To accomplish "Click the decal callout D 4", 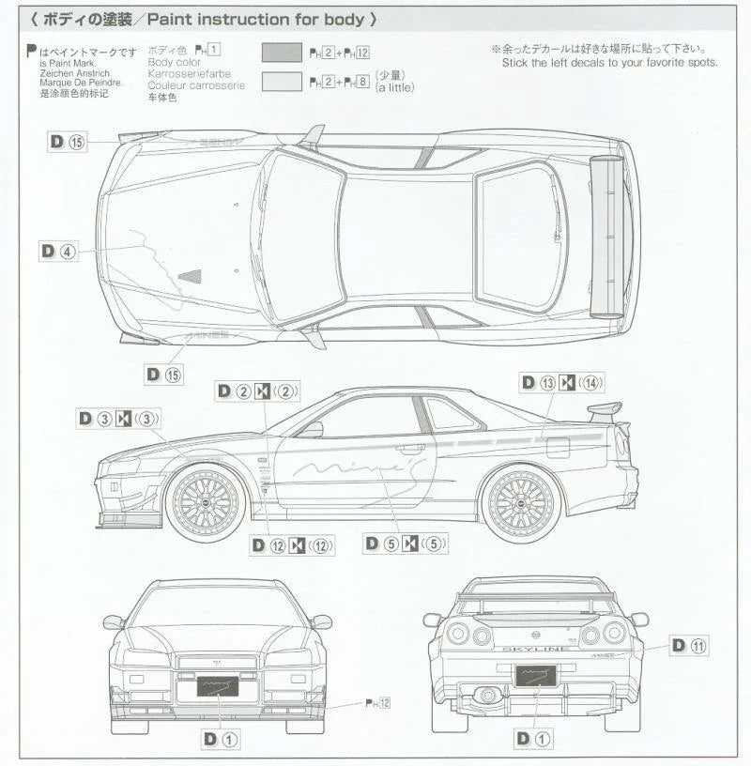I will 58,252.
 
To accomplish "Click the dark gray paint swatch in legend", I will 282,54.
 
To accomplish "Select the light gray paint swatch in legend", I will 282,82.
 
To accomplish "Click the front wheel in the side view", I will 206,502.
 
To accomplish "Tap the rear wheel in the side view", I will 521,502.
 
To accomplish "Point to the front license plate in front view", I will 218,685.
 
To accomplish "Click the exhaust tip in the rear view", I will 487,696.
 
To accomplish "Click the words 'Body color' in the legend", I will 175,62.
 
